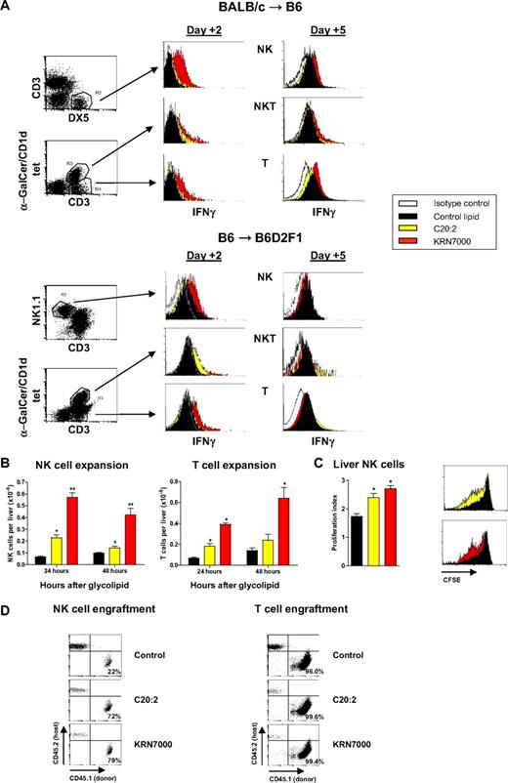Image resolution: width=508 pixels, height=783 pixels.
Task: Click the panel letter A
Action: click(x=8, y=7)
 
